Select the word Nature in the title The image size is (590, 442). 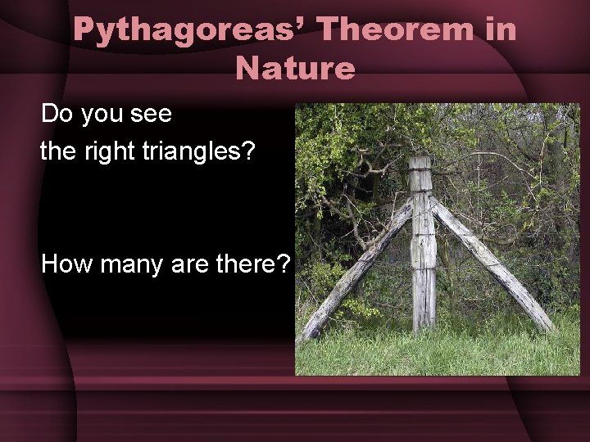point(295,68)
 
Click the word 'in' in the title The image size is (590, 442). point(498,31)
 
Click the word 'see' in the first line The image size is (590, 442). point(152,114)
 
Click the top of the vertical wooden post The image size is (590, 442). point(421,161)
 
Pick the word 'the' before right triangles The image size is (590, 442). point(57,150)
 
